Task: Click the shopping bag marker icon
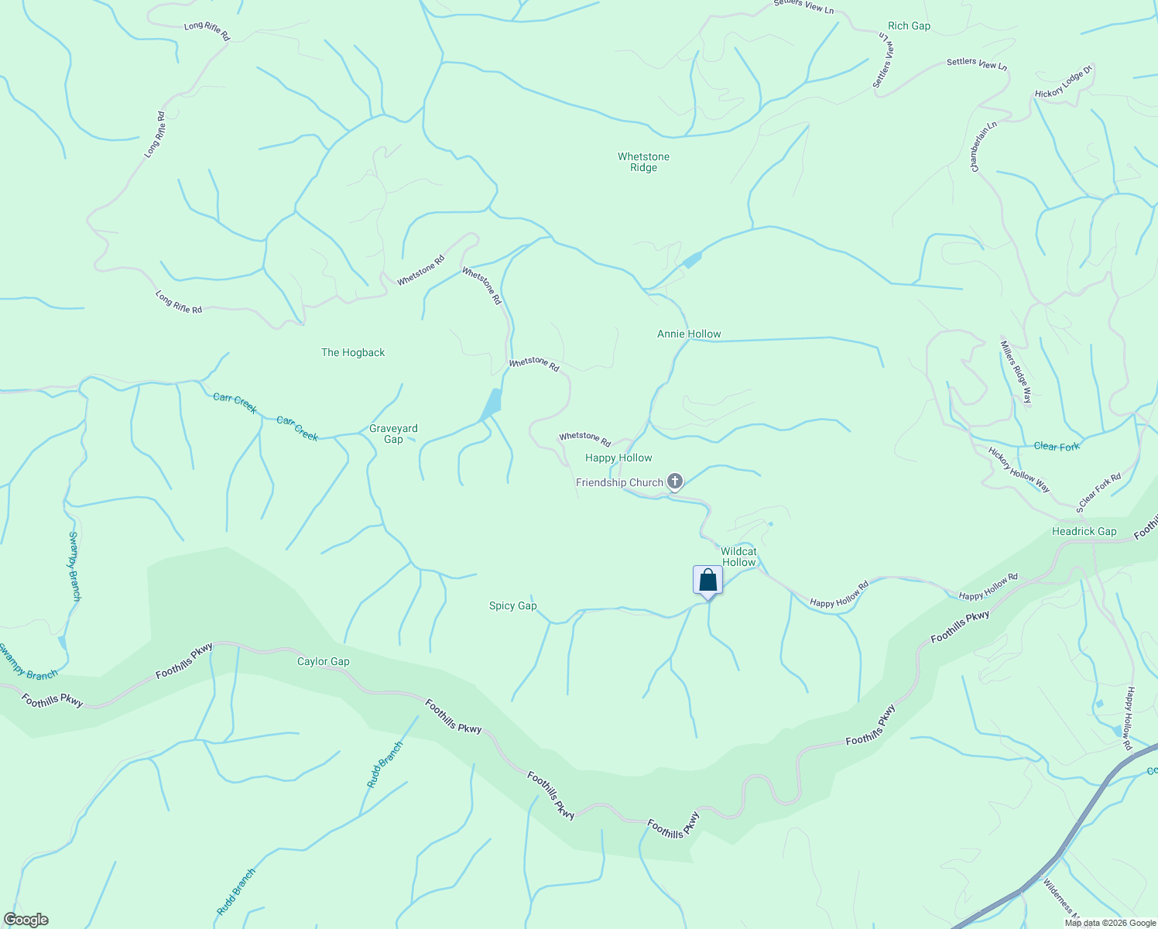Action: pos(707,580)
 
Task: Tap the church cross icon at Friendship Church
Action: pos(675,482)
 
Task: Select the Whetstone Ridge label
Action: pos(643,162)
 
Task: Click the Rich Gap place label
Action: pos(909,26)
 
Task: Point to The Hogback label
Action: pos(353,352)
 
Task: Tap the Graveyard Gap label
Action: pos(393,434)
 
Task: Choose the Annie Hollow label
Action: pos(689,334)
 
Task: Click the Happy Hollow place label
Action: pos(618,458)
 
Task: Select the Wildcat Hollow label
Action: pos(738,557)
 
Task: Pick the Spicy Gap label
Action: pos(512,605)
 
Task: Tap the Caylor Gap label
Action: pos(323,661)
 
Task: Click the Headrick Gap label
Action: pos(1084,531)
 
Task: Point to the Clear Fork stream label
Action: pos(1057,447)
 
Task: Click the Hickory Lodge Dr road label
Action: pos(1063,82)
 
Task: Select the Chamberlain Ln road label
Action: pos(984,146)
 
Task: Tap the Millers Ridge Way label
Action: pos(1016,372)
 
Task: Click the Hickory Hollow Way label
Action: pos(1019,470)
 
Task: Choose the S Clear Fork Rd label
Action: pos(1098,492)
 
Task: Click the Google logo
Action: pos(26,920)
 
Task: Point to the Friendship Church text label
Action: pos(619,482)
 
